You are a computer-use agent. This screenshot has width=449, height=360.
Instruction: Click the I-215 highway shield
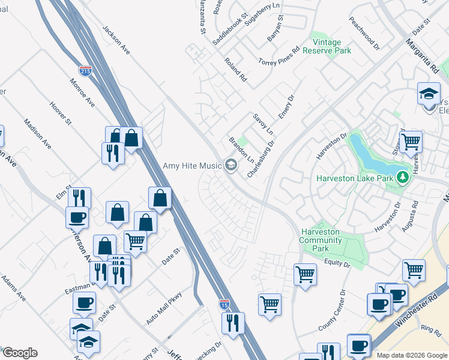85,71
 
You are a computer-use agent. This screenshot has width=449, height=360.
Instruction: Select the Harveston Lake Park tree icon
404,178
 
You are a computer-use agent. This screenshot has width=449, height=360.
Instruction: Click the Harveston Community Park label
320,240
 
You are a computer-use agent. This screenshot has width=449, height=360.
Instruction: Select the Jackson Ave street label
116,39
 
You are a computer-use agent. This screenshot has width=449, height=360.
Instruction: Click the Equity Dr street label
337,263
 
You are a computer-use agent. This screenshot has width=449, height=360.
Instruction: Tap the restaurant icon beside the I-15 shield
233,322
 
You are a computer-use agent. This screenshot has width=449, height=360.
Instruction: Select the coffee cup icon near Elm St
77,217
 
